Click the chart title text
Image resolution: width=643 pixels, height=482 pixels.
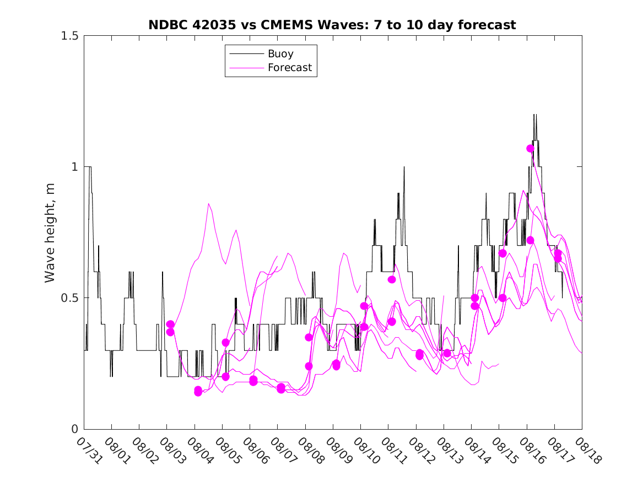point(332,25)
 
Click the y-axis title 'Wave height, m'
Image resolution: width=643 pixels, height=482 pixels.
point(50,232)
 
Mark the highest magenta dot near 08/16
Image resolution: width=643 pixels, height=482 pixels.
point(531,148)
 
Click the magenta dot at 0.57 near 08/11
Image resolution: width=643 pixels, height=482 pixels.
point(392,279)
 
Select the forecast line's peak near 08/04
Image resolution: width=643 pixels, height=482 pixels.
point(209,204)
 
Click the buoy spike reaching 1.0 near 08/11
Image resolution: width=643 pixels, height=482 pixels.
point(404,167)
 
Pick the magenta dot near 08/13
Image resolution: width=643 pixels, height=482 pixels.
point(447,353)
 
